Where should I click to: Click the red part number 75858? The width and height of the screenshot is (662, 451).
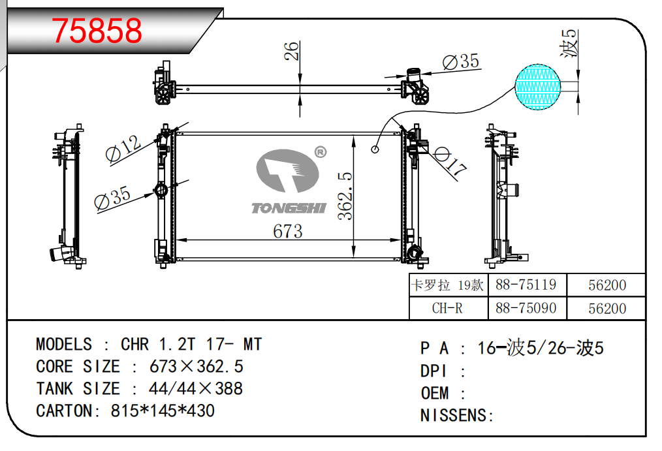click(97, 31)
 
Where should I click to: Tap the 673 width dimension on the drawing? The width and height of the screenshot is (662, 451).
click(287, 231)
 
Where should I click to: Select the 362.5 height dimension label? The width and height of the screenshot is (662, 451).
click(345, 196)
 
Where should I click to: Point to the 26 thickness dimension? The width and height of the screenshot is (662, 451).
click(291, 51)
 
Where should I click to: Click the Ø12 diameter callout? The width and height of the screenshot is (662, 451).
click(123, 149)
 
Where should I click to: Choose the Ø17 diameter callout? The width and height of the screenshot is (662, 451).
click(450, 162)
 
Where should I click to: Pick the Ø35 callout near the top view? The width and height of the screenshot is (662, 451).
click(461, 61)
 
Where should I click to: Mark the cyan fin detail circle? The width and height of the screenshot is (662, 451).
click(538, 87)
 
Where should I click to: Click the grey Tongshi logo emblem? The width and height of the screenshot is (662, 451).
click(287, 170)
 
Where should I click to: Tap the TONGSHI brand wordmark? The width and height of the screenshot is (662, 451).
click(289, 208)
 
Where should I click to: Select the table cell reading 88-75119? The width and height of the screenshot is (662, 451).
click(526, 285)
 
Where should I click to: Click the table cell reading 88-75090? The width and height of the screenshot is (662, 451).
click(526, 308)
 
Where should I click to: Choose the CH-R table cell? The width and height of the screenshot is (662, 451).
click(447, 308)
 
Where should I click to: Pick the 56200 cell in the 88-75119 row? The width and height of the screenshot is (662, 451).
click(607, 285)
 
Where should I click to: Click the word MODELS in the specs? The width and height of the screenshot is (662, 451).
click(64, 344)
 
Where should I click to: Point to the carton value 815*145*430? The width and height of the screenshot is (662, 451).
click(163, 411)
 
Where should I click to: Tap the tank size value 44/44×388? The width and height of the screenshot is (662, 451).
click(196, 388)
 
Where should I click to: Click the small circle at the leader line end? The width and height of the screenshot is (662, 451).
click(375, 149)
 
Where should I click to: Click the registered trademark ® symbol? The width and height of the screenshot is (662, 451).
click(321, 152)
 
